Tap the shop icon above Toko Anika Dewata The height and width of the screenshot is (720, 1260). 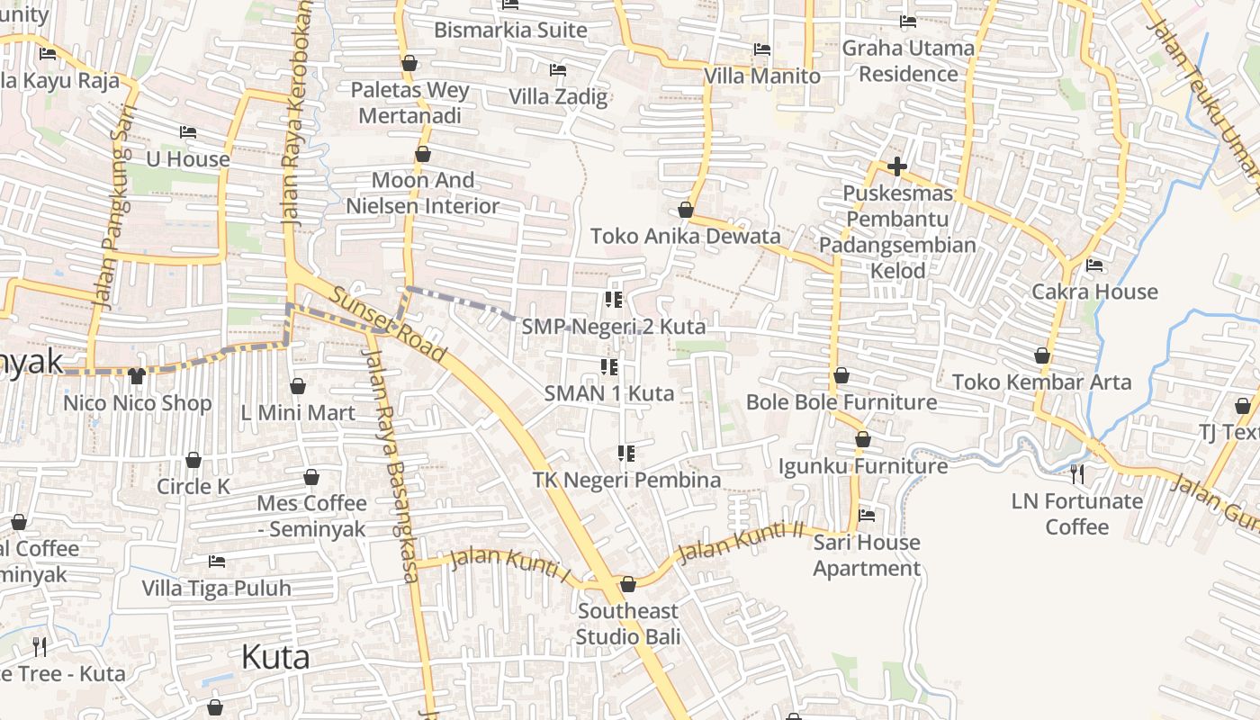coord(686,210)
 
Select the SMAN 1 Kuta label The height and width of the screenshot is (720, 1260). coord(609,393)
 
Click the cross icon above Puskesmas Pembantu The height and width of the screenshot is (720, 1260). coord(896,166)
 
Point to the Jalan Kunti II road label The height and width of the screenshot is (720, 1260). coord(739,542)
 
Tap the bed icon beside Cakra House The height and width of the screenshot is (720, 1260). coord(1094,265)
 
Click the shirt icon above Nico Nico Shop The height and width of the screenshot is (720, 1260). coord(137,375)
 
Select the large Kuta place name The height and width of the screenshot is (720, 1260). coord(275,657)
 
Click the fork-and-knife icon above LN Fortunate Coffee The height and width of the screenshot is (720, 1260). coord(1077,473)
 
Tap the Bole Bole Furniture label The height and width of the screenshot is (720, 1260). coord(841,401)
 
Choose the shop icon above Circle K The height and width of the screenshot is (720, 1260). coord(193,460)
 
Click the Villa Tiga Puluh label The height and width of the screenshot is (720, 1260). coord(217,589)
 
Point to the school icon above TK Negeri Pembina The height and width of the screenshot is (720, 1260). coord(626,453)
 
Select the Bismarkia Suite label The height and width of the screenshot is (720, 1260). coord(510,30)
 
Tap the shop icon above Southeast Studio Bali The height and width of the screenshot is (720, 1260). coord(628,584)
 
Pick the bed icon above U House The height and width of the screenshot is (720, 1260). coord(187,132)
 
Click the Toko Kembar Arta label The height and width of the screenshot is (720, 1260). coord(1041,382)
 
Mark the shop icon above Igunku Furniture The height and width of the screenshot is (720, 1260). coord(863,439)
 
